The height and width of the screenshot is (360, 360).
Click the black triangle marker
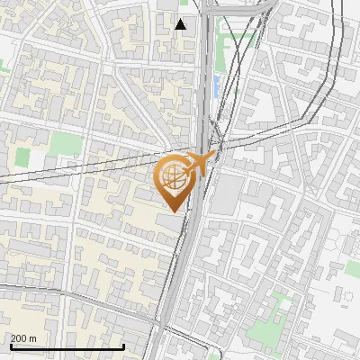[x=181, y=24]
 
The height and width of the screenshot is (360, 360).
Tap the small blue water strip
[x=216, y=86]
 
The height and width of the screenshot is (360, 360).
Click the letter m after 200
[x=33, y=338]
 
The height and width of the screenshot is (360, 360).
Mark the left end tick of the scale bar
[x=10, y=346]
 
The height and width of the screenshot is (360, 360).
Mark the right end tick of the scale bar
[x=123, y=346]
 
